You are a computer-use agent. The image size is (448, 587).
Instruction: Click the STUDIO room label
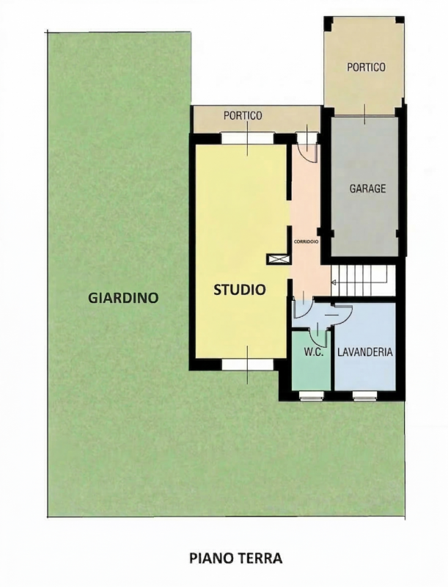coord(239,289)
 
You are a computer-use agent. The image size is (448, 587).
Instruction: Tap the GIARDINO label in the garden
coord(123,298)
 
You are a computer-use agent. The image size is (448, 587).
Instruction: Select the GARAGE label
coord(367,189)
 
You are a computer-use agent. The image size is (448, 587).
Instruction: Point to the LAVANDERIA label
coord(364,352)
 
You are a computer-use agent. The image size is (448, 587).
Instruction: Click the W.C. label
coord(313,352)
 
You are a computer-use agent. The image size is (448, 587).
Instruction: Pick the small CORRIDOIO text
coord(306,242)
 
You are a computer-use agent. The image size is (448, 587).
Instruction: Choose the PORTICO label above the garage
coord(366,67)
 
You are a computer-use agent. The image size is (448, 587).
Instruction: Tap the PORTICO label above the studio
coord(243,116)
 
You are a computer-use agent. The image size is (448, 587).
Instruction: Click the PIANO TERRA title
coord(235,558)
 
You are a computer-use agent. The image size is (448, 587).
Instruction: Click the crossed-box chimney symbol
coord(279,260)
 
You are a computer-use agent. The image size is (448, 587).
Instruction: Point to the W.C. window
coord(312,395)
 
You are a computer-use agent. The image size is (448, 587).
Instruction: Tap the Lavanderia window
coord(365,395)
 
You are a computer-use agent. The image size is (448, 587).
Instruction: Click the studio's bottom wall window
coord(248,364)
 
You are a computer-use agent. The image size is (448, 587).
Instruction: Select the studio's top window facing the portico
coord(248,138)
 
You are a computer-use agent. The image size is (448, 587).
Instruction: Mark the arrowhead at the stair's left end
coord(334,282)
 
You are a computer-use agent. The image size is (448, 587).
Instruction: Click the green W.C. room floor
coord(311,371)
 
